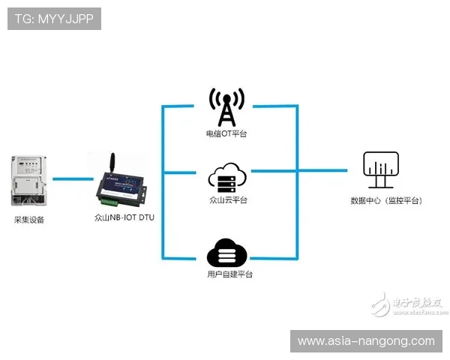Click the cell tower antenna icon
pyautogui.click(x=226, y=108)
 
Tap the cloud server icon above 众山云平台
pyautogui.click(x=226, y=178)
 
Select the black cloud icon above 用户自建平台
pyautogui.click(x=226, y=253)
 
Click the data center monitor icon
pyautogui.click(x=381, y=170)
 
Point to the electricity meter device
pyautogui.click(x=28, y=181)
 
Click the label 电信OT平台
pyautogui.click(x=226, y=134)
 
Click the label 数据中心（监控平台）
pyautogui.click(x=386, y=201)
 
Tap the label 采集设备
pyautogui.click(x=29, y=220)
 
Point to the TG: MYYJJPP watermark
pyautogui.click(x=53, y=19)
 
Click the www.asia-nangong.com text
pyautogui.click(x=366, y=341)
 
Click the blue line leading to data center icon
pyautogui.click(x=322, y=172)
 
